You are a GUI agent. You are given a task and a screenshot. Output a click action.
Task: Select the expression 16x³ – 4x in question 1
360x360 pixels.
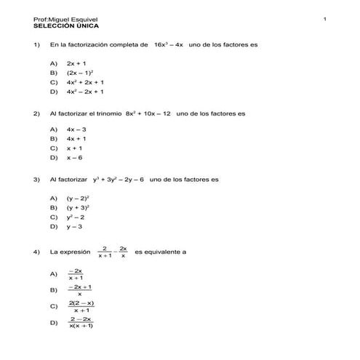coord(169,44)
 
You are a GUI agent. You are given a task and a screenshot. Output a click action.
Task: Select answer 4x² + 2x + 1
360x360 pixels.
coord(84,83)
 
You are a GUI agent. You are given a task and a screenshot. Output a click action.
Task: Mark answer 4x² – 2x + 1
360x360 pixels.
coord(84,92)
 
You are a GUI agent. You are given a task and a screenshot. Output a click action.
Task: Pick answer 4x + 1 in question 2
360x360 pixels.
coord(76,138)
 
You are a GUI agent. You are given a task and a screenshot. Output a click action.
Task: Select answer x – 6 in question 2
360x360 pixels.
coord(75,157)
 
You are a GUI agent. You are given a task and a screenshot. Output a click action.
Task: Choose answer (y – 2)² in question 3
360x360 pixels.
coord(78,198)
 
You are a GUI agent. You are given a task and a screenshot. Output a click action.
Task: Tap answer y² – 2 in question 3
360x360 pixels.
coord(76,217)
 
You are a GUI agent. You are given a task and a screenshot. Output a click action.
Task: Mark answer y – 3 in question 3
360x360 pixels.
coord(75,226)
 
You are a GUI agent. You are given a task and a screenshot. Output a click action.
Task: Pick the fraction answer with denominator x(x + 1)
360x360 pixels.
coord(81,322)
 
